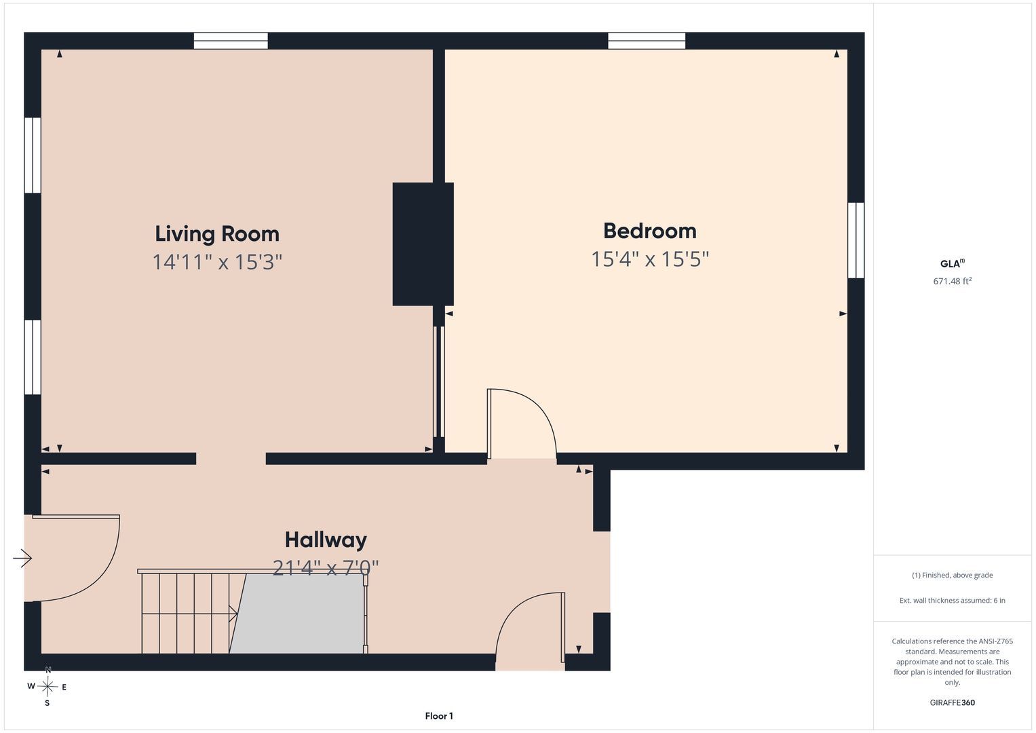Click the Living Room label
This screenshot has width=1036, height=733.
coord(217,234)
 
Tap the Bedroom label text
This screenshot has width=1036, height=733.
coord(650,231)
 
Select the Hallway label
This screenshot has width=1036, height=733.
coord(326,540)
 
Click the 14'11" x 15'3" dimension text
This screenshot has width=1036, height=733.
coord(217,262)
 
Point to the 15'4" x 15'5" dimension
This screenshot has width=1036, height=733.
coord(650,259)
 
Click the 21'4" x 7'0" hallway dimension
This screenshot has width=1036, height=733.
coord(326,567)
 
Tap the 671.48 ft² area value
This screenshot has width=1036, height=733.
coord(953,281)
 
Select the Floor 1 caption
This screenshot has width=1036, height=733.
coord(439,716)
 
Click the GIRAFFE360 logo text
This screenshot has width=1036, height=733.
coord(953,702)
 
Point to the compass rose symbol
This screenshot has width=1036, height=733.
coord(47,687)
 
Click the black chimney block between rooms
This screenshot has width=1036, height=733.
coord(423,244)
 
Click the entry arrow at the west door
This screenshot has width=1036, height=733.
coord(22,558)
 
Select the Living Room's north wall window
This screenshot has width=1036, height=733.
coord(230,41)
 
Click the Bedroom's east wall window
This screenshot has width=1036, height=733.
coord(856,240)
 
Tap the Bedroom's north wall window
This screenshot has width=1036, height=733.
coord(647,41)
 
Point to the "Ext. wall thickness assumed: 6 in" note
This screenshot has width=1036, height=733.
coord(953,600)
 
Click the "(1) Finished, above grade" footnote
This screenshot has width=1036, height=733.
coord(953,576)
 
